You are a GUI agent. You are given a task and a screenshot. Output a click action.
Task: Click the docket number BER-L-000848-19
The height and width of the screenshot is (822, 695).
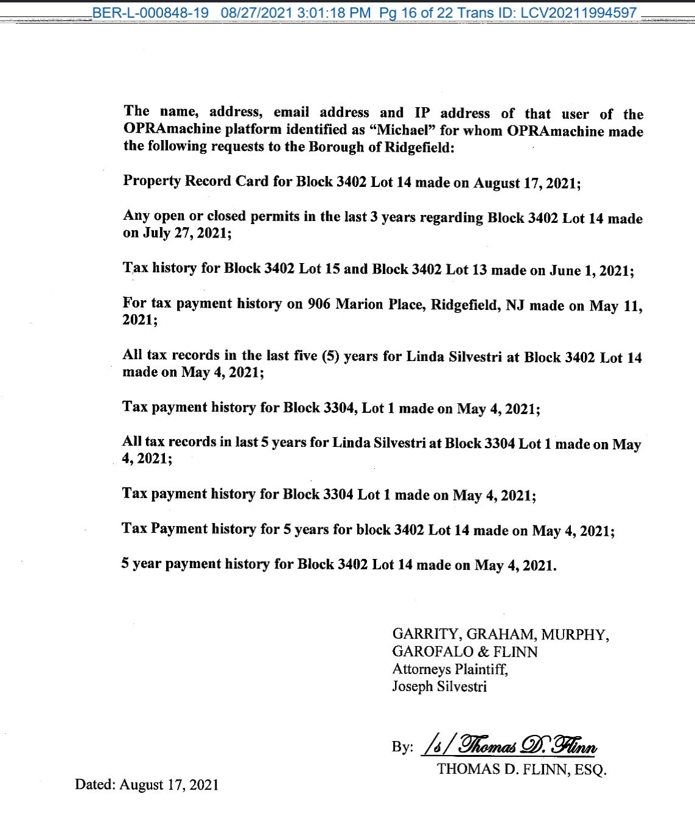[150, 13]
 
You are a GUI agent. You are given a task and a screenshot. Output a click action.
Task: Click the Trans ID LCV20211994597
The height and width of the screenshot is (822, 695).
[579, 13]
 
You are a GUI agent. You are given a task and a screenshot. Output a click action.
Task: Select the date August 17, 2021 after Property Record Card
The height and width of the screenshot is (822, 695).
[527, 183]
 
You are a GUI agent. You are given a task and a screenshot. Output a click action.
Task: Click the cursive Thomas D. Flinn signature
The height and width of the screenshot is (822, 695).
[527, 745]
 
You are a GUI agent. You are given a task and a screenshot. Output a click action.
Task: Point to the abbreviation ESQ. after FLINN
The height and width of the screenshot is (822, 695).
[590, 770]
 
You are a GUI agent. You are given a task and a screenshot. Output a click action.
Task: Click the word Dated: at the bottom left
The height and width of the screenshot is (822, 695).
[95, 784]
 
